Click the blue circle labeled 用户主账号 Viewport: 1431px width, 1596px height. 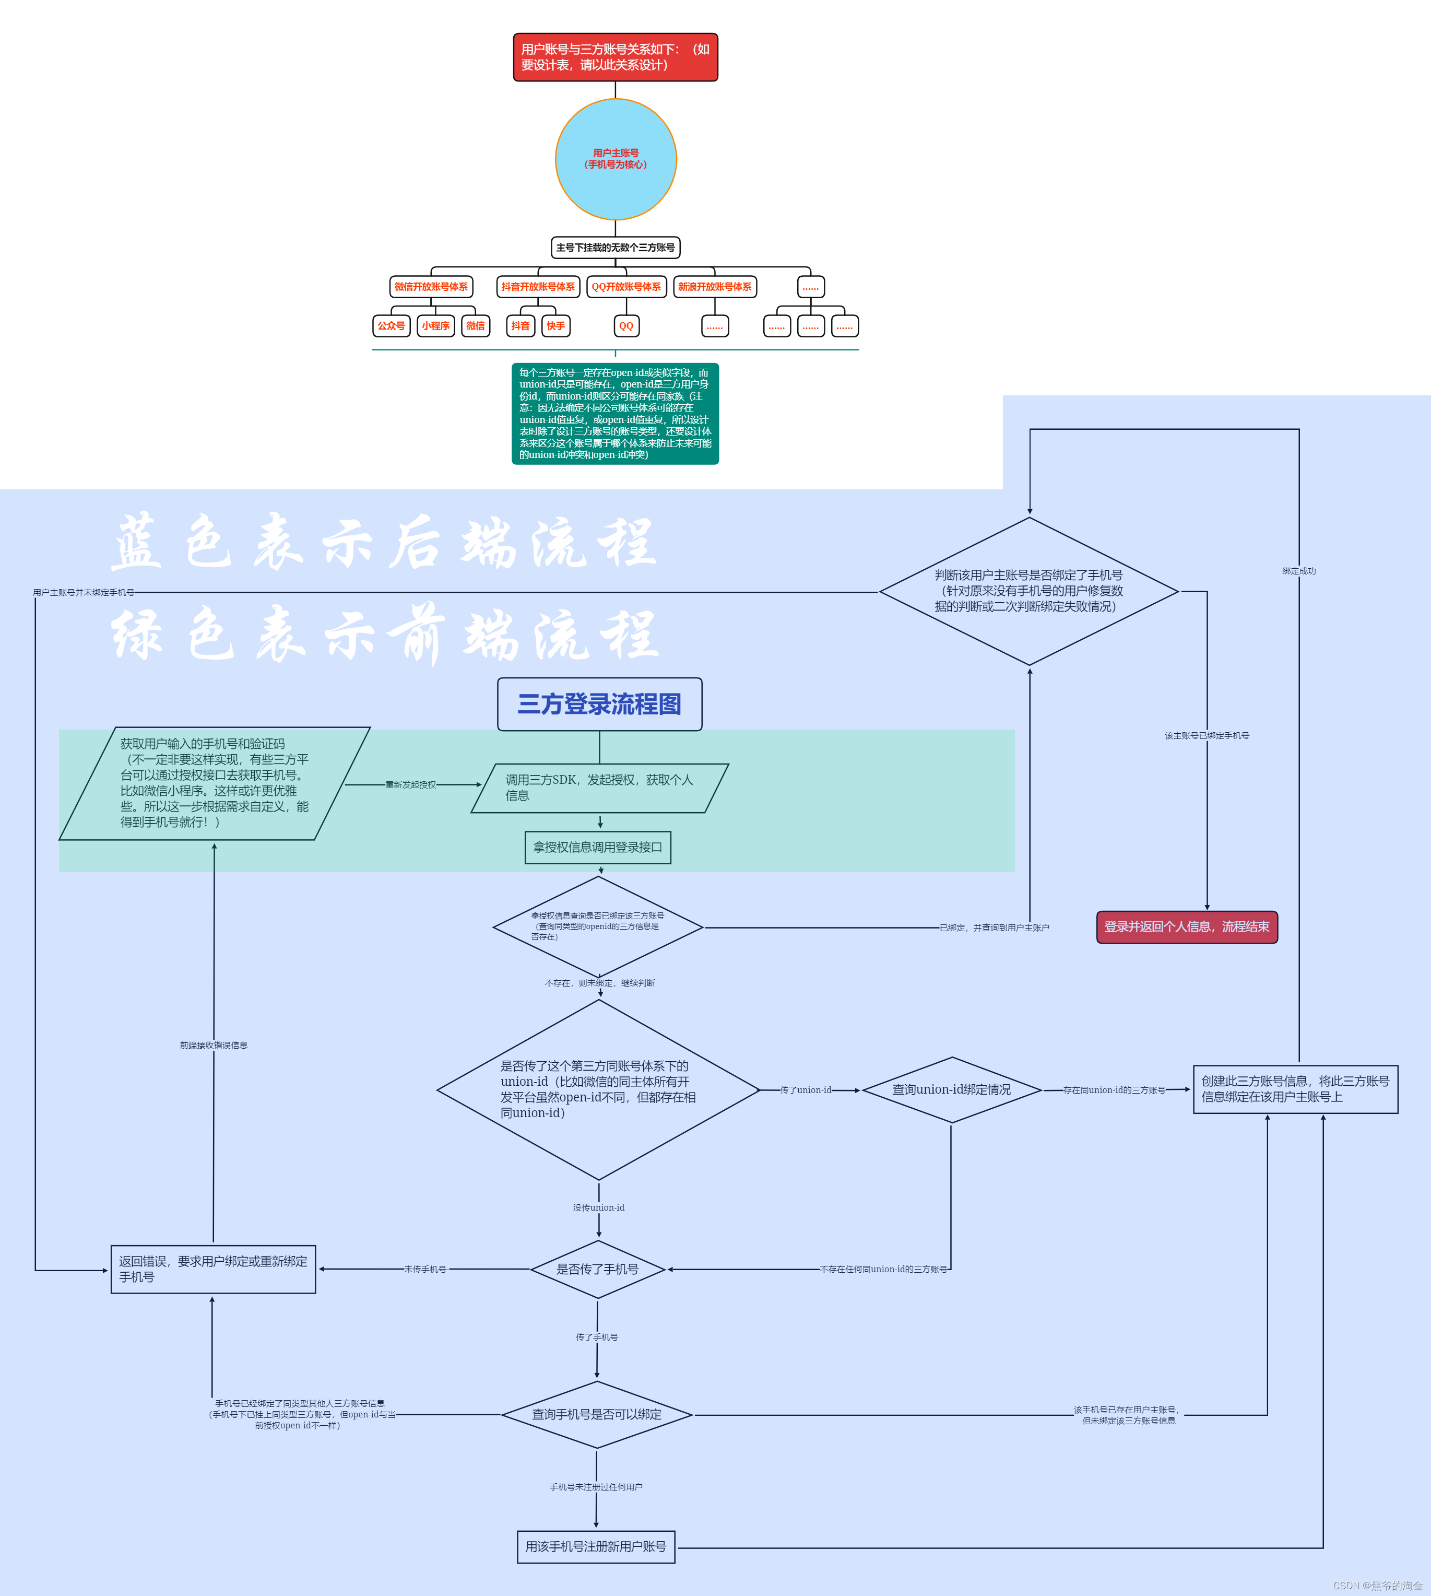click(616, 159)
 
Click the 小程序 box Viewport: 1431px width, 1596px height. click(435, 326)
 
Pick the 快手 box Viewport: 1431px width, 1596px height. click(556, 326)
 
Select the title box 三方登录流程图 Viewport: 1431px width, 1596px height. click(599, 704)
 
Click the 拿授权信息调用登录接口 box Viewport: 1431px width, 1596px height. click(598, 847)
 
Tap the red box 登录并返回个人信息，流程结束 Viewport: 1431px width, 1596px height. click(1187, 926)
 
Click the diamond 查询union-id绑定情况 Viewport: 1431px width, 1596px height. click(951, 1089)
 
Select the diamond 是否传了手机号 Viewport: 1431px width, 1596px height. click(598, 1269)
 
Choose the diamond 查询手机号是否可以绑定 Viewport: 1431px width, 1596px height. click(597, 1414)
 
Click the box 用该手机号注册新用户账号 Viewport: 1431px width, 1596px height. click(596, 1546)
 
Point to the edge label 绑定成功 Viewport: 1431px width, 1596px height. click(1299, 571)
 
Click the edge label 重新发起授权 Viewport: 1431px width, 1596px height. click(410, 784)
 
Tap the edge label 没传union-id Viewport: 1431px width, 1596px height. click(598, 1207)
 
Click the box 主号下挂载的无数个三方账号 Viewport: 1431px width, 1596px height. click(616, 248)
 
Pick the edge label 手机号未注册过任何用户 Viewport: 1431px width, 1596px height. click(596, 1487)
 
